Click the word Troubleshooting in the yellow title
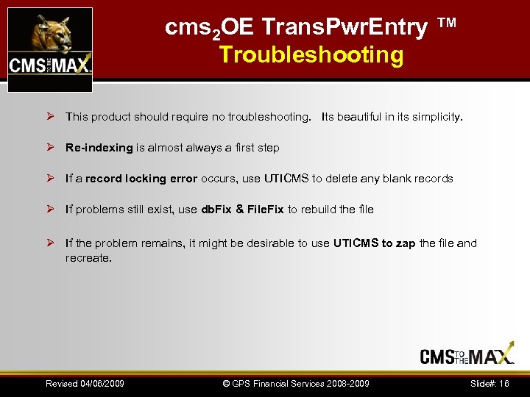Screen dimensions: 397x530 tap(311, 55)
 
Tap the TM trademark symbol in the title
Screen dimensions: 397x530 tap(447, 24)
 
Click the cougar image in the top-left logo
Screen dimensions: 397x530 tap(49, 34)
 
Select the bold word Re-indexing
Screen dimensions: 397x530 tap(99, 148)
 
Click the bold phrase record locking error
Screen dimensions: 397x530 tap(141, 179)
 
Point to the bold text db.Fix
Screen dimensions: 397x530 tap(217, 210)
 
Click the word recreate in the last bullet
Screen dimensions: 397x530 tap(88, 258)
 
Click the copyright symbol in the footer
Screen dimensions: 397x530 tap(227, 384)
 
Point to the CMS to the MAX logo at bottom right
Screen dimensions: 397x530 tap(467, 357)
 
